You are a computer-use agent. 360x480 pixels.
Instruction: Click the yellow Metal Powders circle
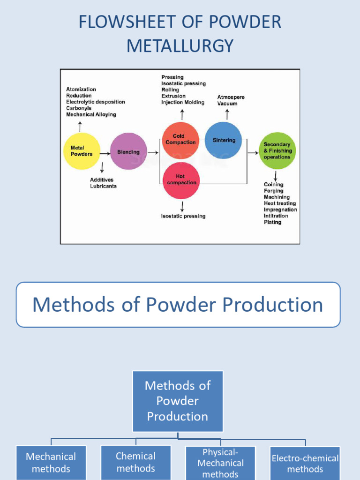coord(82,151)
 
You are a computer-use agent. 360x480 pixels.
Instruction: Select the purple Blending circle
coord(128,151)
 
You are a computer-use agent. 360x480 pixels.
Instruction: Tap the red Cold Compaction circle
coord(180,139)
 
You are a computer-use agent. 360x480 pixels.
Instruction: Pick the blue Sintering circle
coord(224,140)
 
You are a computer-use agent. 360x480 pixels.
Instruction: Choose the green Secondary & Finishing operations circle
coord(277,150)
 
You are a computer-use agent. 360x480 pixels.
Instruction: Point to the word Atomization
coord(81,89)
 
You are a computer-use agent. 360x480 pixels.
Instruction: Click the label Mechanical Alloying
coord(91,114)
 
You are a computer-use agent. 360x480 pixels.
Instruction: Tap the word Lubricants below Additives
coord(103,186)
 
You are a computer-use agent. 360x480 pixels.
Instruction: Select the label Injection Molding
coord(183,102)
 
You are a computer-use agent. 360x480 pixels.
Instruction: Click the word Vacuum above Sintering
coord(227,104)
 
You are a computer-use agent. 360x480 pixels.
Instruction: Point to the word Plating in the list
coord(272,222)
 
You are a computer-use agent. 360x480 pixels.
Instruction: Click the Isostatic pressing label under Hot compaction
coord(183,216)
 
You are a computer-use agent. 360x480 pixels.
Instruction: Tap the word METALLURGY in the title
coord(180,46)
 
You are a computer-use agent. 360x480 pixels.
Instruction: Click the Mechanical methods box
coord(51,463)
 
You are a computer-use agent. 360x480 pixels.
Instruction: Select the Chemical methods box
coord(136,462)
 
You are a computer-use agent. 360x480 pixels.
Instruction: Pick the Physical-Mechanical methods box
coord(220,463)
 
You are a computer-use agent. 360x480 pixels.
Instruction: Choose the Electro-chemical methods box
coord(305,463)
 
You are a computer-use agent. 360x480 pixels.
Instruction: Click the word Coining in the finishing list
coord(273,185)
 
